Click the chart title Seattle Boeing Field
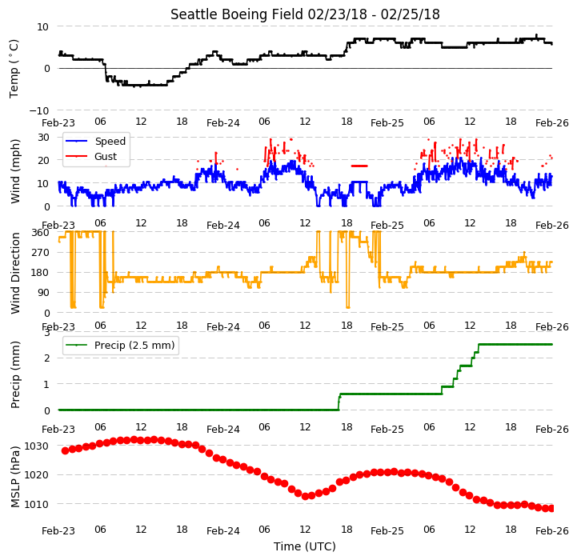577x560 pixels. (x=237, y=14)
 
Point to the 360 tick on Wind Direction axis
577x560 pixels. (x=40, y=233)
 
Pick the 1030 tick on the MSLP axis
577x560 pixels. (x=36, y=446)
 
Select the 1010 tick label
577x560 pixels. (x=36, y=504)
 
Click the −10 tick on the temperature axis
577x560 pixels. (x=39, y=110)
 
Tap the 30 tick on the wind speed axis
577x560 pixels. (x=43, y=138)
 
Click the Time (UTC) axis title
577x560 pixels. (x=305, y=546)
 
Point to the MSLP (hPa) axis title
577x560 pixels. (x=14, y=477)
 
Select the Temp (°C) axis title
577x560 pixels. (x=14, y=69)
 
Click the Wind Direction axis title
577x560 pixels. (x=15, y=273)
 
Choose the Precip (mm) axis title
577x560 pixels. (x=14, y=375)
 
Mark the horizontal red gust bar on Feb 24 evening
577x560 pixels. (x=359, y=166)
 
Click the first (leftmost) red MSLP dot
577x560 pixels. (x=65, y=450)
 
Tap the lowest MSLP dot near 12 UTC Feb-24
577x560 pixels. (x=305, y=496)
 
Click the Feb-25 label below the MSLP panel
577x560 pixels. (x=387, y=531)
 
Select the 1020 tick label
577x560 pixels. (x=36, y=475)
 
